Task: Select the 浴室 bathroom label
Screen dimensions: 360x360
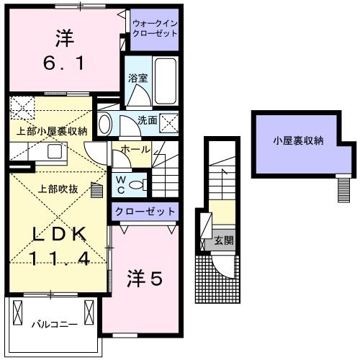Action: (x=137, y=78)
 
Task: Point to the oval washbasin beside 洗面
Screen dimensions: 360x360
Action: (x=105, y=123)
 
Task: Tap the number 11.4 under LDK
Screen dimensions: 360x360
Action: (x=60, y=258)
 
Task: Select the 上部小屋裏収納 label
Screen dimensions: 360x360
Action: (x=52, y=131)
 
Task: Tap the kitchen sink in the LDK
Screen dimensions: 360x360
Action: (x=53, y=151)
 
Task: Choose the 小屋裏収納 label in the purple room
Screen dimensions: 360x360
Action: (x=298, y=140)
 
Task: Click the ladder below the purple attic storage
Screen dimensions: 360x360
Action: (x=343, y=189)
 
